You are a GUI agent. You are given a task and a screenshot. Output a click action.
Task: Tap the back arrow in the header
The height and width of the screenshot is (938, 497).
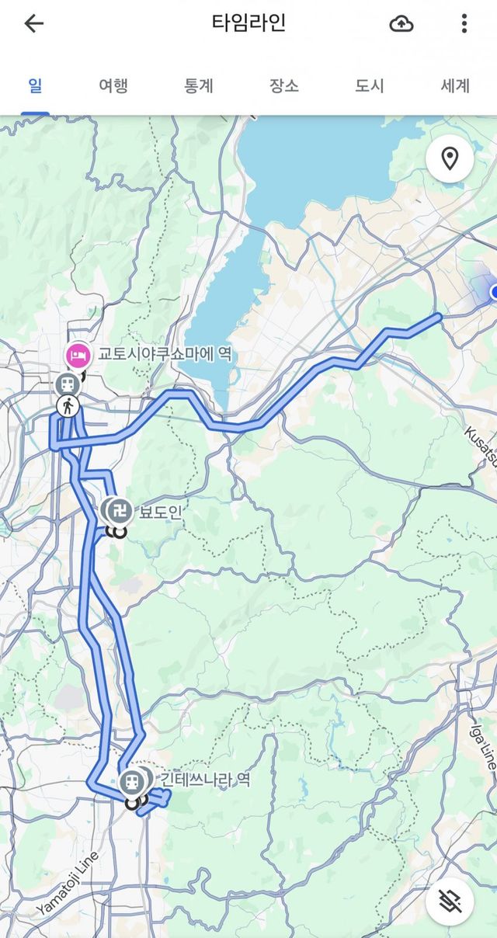34,23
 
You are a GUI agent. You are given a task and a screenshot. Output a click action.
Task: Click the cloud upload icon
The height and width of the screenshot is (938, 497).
401,23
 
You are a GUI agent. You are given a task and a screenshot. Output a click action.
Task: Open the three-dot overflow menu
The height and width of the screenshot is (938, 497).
464,23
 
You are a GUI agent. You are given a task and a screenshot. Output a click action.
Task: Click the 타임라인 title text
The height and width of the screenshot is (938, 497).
248,23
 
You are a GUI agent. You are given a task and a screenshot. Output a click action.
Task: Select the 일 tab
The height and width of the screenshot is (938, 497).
35,85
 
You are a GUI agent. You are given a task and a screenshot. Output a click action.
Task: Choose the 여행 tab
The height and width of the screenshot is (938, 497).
113,85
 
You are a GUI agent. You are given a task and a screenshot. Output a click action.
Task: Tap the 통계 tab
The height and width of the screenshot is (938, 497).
199,85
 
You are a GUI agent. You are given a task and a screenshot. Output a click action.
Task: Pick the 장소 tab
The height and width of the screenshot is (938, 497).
284,85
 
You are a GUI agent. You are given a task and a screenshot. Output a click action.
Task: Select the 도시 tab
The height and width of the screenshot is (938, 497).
370,85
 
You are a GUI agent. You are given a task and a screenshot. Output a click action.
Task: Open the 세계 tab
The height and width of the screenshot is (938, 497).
455,85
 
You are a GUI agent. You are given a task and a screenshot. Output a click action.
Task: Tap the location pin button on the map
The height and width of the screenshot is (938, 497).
450,159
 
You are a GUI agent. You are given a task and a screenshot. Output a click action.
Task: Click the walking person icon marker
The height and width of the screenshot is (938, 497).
68,405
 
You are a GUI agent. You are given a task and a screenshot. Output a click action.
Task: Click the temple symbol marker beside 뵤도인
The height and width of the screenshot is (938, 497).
120,510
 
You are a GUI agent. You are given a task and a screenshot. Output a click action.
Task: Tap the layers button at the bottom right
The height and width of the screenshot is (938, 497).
450,901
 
